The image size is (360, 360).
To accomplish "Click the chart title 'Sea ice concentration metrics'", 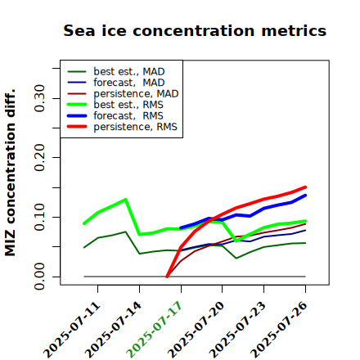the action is [195, 30].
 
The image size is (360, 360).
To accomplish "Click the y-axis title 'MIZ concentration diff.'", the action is [10, 173].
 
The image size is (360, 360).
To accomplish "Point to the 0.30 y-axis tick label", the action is [39, 98].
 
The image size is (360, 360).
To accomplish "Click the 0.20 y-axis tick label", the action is [39, 158].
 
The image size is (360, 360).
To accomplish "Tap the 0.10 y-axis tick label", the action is [39, 217].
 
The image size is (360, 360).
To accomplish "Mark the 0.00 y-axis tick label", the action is [39, 277].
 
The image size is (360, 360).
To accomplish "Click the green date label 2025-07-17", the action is [154, 330].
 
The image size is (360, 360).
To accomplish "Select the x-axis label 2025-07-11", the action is [71, 330].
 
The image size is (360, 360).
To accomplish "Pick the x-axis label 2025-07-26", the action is [279, 330].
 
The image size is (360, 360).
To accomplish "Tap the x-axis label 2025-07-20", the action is [196, 330].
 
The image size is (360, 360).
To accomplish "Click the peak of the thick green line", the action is [125, 200].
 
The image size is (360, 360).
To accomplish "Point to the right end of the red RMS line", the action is [305, 187].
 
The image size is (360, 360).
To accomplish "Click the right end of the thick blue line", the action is [305, 196].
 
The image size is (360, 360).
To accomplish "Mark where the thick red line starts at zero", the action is [167, 277].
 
